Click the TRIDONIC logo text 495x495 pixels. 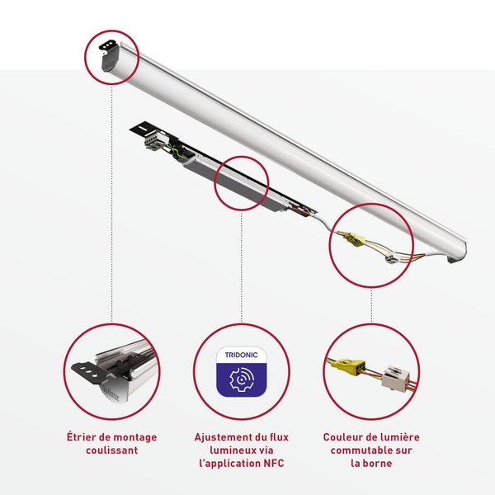(241, 355)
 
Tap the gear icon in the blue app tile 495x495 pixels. (242, 379)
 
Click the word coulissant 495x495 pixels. (111, 450)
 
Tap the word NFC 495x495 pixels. (274, 463)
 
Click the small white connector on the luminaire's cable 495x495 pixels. (391, 259)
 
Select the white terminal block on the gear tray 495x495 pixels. (153, 140)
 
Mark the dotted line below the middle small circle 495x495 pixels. (242, 267)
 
